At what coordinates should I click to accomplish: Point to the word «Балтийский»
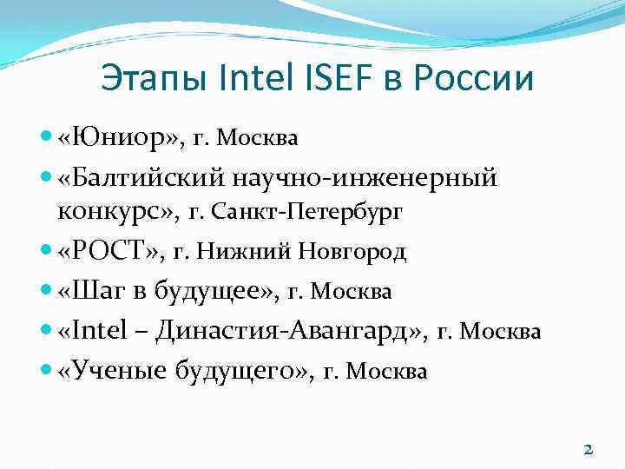[146, 178]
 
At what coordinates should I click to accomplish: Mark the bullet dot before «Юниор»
[47, 136]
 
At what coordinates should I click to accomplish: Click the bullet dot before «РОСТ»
[47, 251]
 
